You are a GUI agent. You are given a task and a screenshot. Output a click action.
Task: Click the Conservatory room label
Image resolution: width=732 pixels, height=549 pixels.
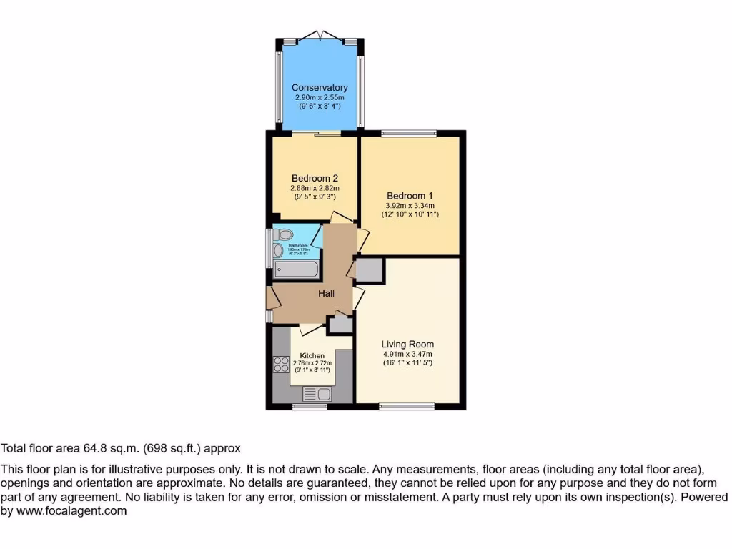pos(319,88)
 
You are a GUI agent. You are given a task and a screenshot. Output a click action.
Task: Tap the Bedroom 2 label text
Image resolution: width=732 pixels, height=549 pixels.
pos(315,179)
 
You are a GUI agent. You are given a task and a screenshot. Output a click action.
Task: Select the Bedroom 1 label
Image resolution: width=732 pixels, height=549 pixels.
pos(410,196)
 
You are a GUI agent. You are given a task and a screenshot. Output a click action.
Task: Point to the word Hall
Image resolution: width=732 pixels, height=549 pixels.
pos(326,292)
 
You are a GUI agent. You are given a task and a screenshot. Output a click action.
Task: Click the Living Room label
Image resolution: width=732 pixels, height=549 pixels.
pos(407,344)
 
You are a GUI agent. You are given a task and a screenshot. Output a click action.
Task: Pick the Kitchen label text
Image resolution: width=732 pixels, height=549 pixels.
pos(312,355)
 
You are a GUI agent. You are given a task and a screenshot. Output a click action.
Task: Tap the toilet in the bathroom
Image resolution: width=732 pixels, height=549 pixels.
pos(285,234)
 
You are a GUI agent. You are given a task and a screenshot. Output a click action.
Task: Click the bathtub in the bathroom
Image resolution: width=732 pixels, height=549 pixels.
pos(296,270)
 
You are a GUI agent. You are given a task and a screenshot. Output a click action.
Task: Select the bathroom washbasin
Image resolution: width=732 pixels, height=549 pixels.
pos(277,250)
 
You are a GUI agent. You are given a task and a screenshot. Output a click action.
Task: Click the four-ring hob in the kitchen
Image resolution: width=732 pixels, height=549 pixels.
pos(280,365)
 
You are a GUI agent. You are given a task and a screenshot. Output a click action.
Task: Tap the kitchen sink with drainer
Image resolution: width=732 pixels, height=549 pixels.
pos(317,394)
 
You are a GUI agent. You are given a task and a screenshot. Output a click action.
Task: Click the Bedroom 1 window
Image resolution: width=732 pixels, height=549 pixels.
pos(408,133)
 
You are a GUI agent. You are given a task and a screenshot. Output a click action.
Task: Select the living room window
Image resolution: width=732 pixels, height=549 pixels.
pos(406,407)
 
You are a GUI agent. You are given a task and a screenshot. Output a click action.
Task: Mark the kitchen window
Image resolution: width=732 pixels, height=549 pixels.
pos(310,407)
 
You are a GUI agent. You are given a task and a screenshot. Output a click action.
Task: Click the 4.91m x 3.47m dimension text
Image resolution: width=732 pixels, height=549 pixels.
pos(407,354)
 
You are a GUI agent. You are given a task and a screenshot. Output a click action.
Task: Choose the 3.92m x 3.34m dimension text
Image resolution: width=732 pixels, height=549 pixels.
pos(410,205)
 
